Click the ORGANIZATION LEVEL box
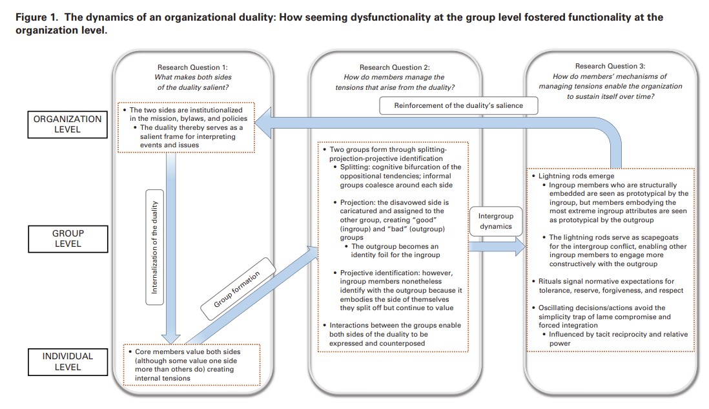point(68,124)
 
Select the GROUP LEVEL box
point(68,238)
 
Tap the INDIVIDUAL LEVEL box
point(68,361)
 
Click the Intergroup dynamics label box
point(496,221)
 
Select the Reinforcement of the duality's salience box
point(458,105)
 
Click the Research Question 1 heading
point(192,67)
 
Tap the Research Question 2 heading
point(395,67)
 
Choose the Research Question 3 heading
point(610,66)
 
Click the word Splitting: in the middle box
point(356,167)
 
